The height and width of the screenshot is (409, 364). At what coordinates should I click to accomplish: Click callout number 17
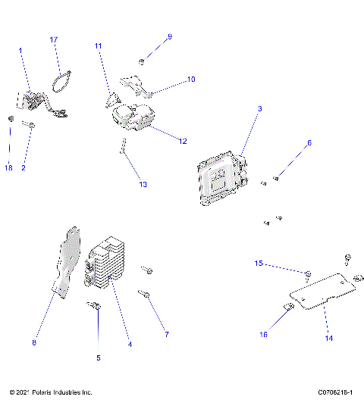point(54,39)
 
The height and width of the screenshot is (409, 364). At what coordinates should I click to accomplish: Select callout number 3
point(260,109)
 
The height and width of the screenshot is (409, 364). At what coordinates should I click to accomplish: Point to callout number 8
point(34,343)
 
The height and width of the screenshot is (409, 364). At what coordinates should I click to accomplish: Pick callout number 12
point(183,142)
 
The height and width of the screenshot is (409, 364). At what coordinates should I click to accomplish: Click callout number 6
point(309,142)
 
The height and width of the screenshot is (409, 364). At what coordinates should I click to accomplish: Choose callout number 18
point(9,167)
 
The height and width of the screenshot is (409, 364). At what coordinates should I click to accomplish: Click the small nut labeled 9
point(143,61)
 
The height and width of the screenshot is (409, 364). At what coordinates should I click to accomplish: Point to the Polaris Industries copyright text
point(51,392)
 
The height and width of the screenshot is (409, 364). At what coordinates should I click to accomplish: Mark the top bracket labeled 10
point(136,84)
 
